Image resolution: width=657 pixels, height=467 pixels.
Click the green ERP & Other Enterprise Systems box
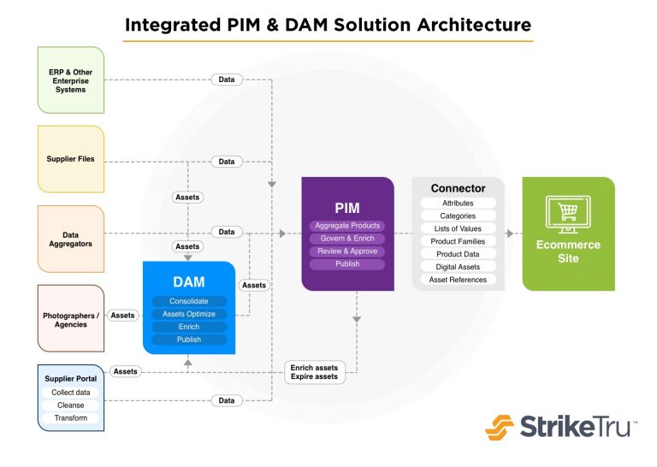(x=71, y=80)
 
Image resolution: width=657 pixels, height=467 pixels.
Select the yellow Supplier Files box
(x=71, y=159)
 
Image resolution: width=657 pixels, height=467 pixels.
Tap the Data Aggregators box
(x=71, y=238)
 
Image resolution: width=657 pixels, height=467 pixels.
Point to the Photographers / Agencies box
(x=71, y=318)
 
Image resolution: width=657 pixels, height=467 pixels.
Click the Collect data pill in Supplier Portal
(x=71, y=393)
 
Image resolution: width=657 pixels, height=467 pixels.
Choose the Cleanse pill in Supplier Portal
(x=71, y=405)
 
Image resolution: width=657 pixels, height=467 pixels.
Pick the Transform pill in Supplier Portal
(x=71, y=418)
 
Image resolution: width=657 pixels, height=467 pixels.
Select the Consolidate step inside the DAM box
(x=189, y=301)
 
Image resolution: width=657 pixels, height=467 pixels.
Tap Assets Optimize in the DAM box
(x=189, y=314)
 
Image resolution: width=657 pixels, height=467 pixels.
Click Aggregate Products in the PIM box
(x=347, y=226)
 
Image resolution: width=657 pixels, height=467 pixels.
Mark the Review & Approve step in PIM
(x=347, y=251)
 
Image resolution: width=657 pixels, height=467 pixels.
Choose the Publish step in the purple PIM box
(x=347, y=264)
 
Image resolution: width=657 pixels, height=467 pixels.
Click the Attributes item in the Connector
(x=458, y=204)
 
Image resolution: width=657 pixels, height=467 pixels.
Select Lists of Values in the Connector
(x=458, y=228)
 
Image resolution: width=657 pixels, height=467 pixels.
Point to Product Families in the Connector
(x=458, y=241)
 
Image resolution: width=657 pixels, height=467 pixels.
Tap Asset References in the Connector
(x=458, y=280)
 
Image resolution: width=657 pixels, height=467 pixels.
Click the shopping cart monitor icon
(x=568, y=215)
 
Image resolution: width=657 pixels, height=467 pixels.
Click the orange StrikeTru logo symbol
(x=500, y=426)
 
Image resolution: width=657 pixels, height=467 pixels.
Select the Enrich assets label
(x=314, y=367)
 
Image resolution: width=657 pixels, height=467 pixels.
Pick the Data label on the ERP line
(x=226, y=80)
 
